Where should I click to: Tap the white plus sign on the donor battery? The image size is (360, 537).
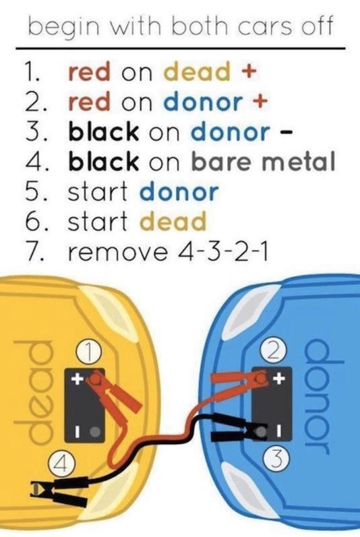click(279, 379)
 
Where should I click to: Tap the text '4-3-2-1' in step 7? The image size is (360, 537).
click(214, 252)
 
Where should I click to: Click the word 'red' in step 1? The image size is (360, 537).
click(90, 72)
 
